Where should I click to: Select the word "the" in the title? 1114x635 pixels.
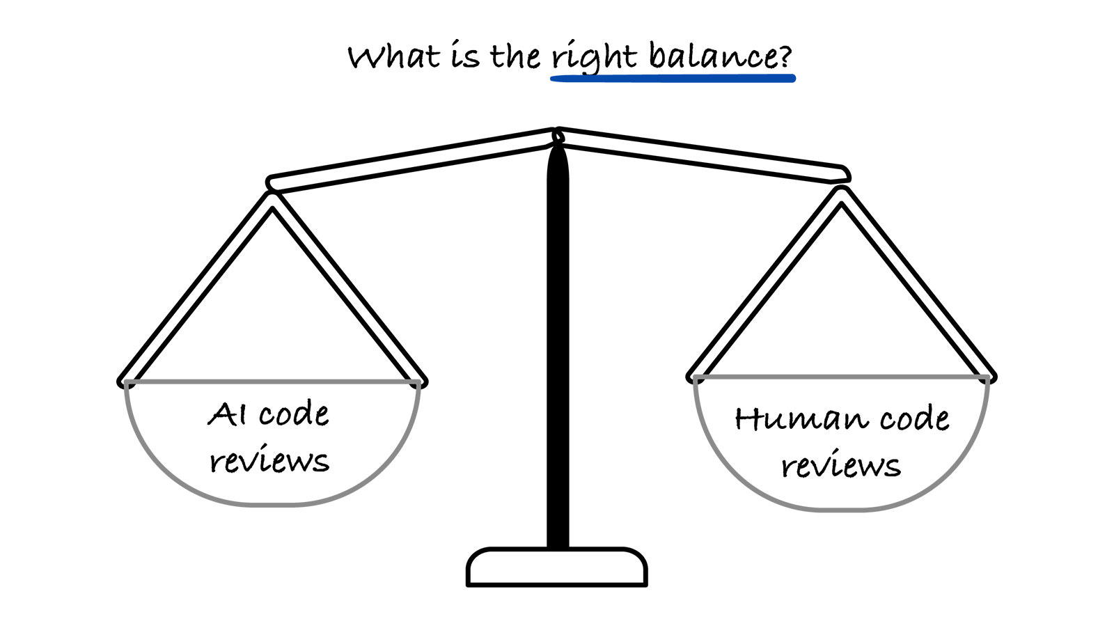515,56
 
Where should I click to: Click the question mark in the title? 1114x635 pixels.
785,56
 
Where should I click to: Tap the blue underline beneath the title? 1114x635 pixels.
672,79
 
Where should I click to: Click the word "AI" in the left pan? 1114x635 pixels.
227,414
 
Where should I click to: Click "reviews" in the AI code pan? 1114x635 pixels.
269,461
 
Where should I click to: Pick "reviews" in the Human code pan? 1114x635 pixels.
841,466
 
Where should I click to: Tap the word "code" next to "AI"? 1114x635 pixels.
294,415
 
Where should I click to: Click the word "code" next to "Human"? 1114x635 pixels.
914,419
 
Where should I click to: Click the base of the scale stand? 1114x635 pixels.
557,567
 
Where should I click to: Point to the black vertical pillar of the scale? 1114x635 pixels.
557,348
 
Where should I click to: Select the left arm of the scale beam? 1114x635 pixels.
411,159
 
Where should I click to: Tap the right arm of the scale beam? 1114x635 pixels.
703,157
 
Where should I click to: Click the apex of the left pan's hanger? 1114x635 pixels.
272,198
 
